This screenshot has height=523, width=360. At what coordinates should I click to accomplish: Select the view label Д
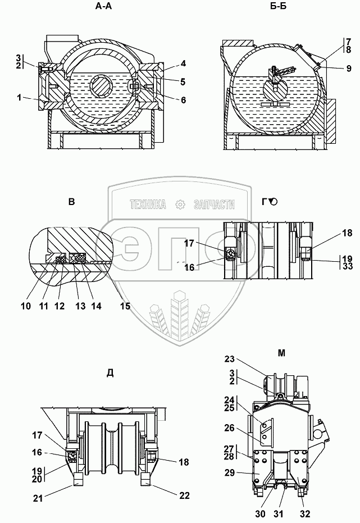point(110,374)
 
